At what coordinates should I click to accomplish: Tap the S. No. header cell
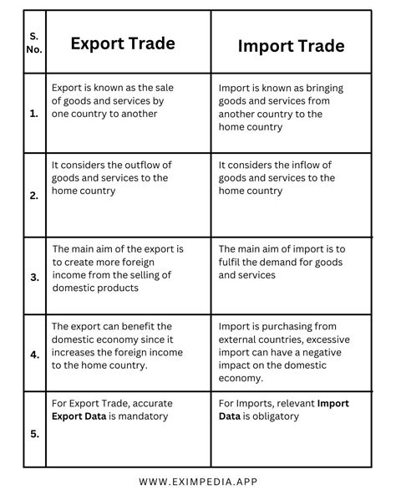(x=33, y=42)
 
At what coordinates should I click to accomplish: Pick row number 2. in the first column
(x=33, y=196)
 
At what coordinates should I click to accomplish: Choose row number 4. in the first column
(x=33, y=355)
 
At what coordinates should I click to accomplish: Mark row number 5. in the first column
(x=33, y=434)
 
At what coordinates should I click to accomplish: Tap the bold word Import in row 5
(x=333, y=403)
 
